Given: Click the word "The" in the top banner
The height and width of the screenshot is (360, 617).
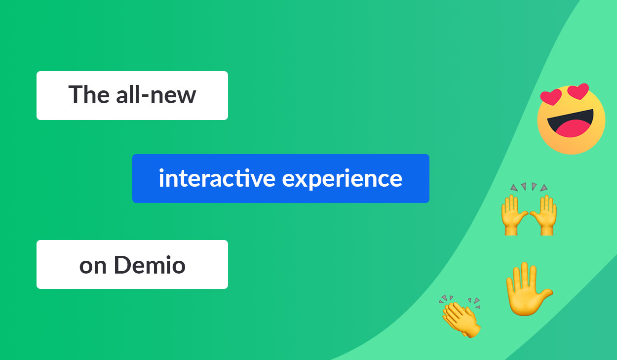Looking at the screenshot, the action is (89, 94).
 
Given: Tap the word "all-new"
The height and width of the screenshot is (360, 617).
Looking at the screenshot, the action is (156, 94).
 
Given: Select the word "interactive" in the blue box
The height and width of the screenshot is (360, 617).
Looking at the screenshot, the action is (217, 178).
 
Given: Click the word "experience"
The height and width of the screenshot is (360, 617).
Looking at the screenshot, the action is (342, 179).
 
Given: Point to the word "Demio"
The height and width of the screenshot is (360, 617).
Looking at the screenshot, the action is (150, 265).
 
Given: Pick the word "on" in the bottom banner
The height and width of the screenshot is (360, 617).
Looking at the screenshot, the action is (93, 267).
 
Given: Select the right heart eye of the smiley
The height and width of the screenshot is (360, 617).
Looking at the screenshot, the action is (578, 91).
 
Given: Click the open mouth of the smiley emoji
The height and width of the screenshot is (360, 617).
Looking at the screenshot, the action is (570, 123).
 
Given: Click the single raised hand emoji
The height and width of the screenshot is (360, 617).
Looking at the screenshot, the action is (528, 289).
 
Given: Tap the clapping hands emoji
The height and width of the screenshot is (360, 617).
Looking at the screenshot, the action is (461, 317).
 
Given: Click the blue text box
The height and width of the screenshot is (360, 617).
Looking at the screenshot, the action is (281, 178).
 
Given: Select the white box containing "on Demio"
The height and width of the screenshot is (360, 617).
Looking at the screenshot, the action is (132, 264).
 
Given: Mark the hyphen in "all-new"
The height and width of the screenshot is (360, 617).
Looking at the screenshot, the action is (145, 96).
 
